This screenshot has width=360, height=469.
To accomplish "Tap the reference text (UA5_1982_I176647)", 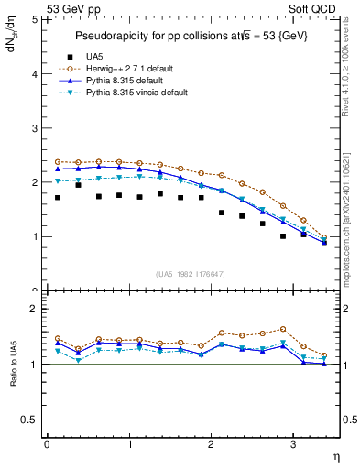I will (193, 274).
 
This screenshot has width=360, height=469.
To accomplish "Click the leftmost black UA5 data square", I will (58, 197).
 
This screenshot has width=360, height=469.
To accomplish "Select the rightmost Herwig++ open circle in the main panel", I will (324, 237).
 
